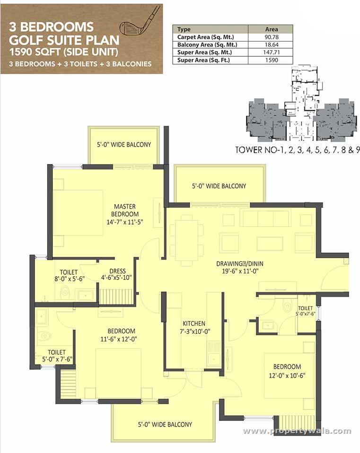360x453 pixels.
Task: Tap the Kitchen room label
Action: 194,327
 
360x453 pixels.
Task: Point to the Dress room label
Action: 117,274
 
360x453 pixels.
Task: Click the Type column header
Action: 184,29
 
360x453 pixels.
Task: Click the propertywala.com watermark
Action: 297,431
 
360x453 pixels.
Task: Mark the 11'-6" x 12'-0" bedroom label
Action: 121,334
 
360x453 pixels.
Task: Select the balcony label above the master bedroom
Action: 124,144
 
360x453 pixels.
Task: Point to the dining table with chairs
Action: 187,240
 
